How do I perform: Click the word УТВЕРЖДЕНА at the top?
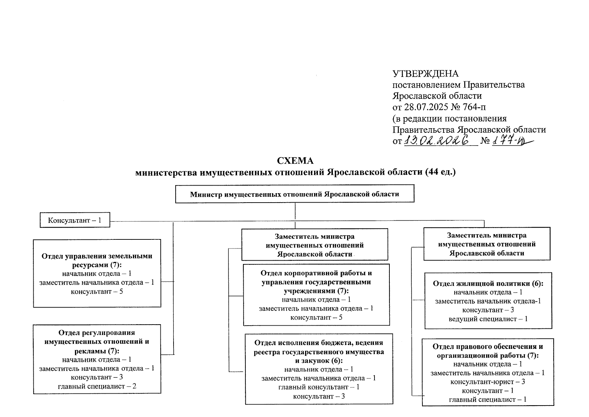pos(425,74)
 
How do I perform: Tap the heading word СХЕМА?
pos(295,161)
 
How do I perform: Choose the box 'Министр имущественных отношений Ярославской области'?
pos(295,194)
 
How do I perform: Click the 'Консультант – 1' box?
pos(75,220)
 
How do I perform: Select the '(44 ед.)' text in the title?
pos(440,172)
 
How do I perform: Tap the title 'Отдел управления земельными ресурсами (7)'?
pos(97,261)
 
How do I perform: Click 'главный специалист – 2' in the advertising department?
pos(97,386)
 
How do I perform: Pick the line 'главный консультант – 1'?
pos(319,387)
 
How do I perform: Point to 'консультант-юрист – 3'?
pos(488,382)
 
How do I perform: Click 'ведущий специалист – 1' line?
pos(488,319)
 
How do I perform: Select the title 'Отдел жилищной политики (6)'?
pos(488,284)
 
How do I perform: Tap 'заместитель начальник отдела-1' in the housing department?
pos(488,301)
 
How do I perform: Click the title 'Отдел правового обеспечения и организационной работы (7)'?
pos(488,351)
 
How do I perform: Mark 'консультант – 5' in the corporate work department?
pos(316,317)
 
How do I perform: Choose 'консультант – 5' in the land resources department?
pos(97,291)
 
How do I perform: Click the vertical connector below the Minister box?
pos(295,211)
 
